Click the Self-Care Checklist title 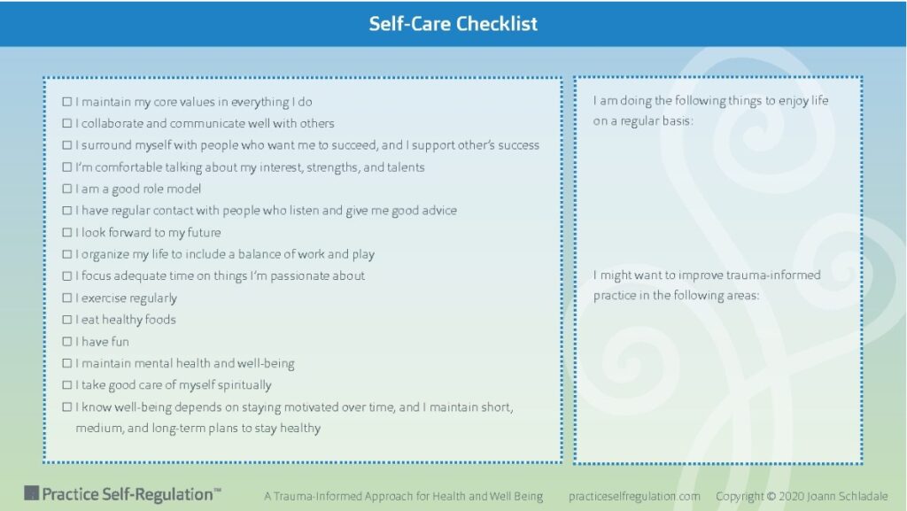coord(453,24)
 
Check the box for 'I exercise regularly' coord(67,298)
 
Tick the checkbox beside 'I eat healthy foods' coord(67,320)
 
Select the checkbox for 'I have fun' coord(67,342)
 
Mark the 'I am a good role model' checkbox coord(67,189)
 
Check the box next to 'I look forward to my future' coord(67,232)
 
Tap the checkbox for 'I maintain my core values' coord(67,102)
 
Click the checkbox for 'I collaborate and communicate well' coord(67,123)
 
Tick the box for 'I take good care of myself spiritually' coord(67,385)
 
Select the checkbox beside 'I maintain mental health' coord(67,363)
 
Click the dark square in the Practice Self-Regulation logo coord(31,493)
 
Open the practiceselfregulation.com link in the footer coord(634,496)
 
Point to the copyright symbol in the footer coord(771,496)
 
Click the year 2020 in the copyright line coord(791,496)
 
